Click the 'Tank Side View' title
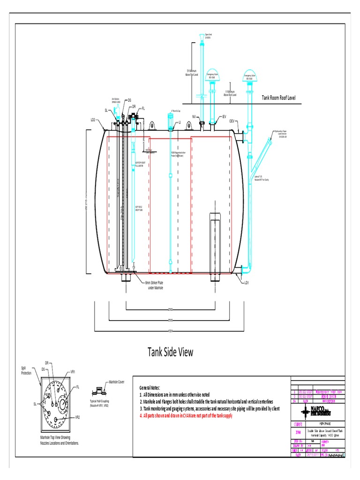pyautogui.click(x=171, y=352)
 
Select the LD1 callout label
pyautogui.click(x=246, y=283)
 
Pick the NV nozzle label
pyautogui.click(x=194, y=116)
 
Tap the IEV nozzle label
pyautogui.click(x=224, y=116)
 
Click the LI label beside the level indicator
pyautogui.click(x=179, y=122)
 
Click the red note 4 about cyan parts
pyautogui.click(x=186, y=416)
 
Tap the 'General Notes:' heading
pyautogui.click(x=150, y=388)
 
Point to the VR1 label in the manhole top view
pyautogui.click(x=73, y=372)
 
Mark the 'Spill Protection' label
pyautogui.click(x=26, y=370)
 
